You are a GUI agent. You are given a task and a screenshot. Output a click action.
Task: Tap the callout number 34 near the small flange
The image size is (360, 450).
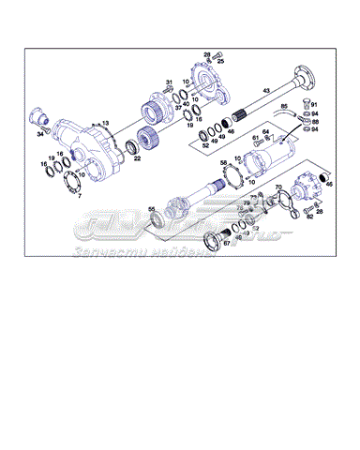coord(40,134)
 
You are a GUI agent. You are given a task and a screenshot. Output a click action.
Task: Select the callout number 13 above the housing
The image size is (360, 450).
coord(105,124)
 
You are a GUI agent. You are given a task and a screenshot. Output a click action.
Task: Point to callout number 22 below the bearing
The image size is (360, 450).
coord(137,158)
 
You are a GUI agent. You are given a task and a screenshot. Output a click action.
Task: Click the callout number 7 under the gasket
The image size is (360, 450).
coord(78,196)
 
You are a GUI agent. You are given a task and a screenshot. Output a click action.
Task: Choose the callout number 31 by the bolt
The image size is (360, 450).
coord(170,83)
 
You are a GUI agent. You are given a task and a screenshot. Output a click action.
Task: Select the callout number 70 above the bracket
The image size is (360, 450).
coord(277,188)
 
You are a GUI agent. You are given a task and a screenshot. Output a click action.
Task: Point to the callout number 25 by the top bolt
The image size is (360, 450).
coord(220,61)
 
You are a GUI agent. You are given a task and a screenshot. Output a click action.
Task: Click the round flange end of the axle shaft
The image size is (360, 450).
coord(304,75)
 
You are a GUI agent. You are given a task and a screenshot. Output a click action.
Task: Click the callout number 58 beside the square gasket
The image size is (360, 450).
coord(223,163)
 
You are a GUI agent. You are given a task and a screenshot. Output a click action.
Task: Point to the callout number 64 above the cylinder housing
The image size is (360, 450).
coord(265,132)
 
